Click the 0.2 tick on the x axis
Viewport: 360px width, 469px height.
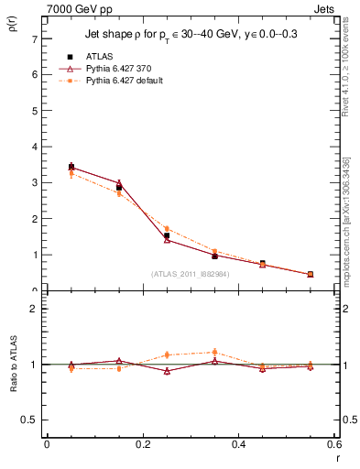(x=143, y=444)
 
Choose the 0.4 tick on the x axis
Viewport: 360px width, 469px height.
(x=239, y=444)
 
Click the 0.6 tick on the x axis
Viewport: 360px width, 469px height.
(x=333, y=444)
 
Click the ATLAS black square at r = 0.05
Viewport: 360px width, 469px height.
(x=71, y=168)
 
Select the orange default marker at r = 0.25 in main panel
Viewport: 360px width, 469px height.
(x=167, y=228)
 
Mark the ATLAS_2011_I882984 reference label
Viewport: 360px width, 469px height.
(x=190, y=273)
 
